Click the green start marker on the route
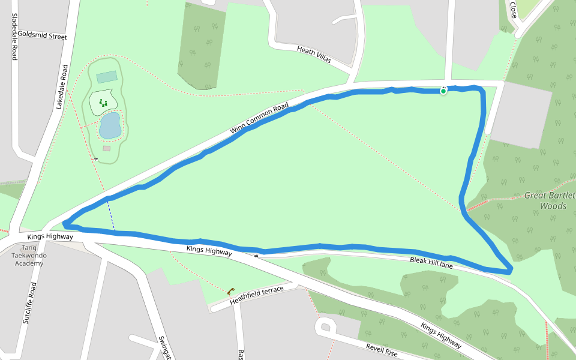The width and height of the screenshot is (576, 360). (443, 91)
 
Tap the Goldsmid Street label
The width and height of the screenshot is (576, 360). (43, 36)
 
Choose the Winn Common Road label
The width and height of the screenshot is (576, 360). (259, 119)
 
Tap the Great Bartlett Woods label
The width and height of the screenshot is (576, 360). (550, 200)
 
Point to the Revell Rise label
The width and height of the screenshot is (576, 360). (382, 350)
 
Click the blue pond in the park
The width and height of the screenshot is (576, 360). (110, 126)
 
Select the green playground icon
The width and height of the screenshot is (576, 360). (103, 103)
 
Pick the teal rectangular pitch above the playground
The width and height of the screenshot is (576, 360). (107, 77)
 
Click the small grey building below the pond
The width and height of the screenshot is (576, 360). (107, 148)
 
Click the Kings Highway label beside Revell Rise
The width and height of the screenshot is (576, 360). (441, 336)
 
